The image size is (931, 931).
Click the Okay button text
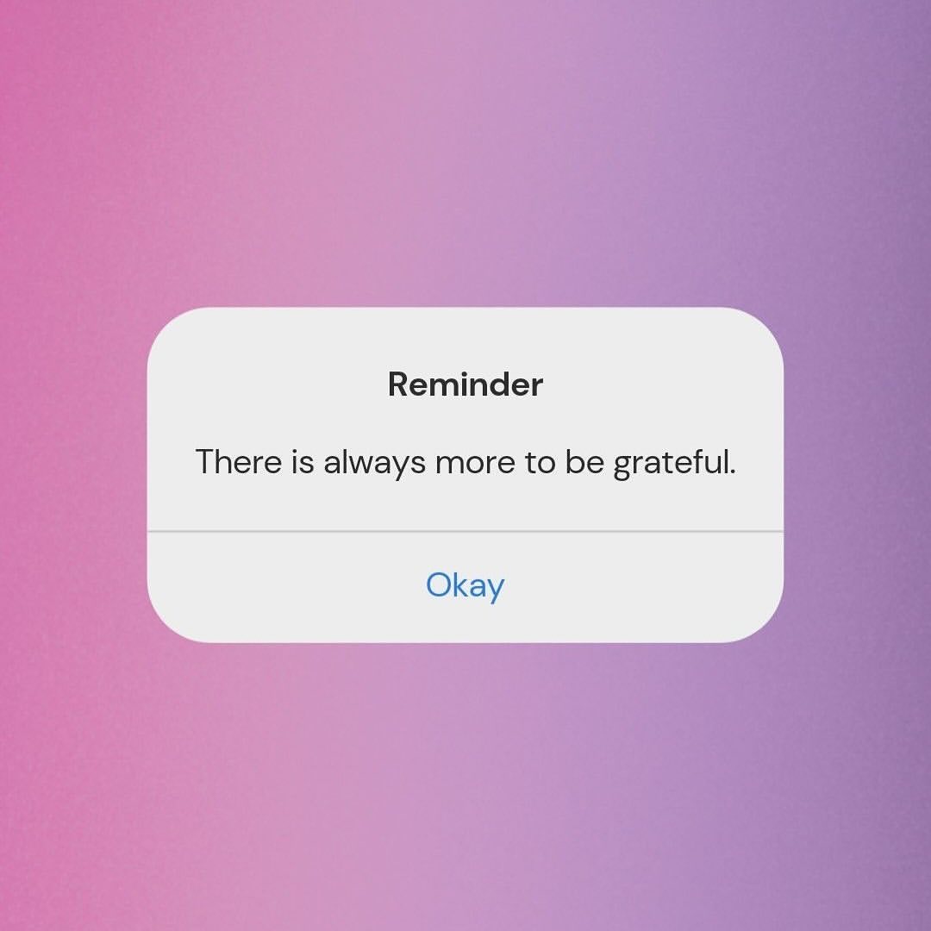[x=465, y=586]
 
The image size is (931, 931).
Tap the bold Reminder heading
[x=465, y=384]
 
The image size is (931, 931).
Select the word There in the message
[x=238, y=461]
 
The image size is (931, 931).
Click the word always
[x=374, y=463]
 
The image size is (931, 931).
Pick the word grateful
[x=674, y=463]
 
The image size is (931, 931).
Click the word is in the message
[x=303, y=463]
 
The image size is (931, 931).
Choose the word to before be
[x=539, y=463]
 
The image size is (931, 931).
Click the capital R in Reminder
[x=399, y=384]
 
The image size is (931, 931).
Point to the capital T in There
[x=205, y=463]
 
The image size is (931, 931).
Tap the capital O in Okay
[x=439, y=584]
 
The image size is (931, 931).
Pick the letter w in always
[x=368, y=465]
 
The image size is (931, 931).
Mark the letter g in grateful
[x=622, y=468]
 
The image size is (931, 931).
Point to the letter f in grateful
[x=696, y=461]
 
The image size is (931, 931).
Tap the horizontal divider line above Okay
[x=465, y=531]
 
